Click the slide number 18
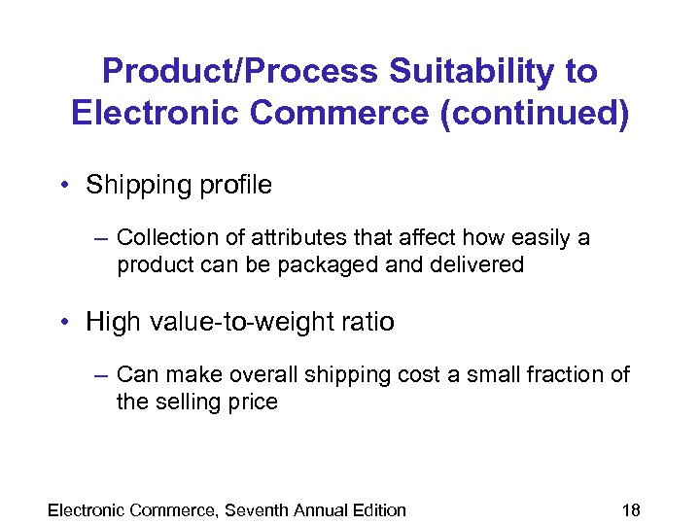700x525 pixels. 631,509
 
